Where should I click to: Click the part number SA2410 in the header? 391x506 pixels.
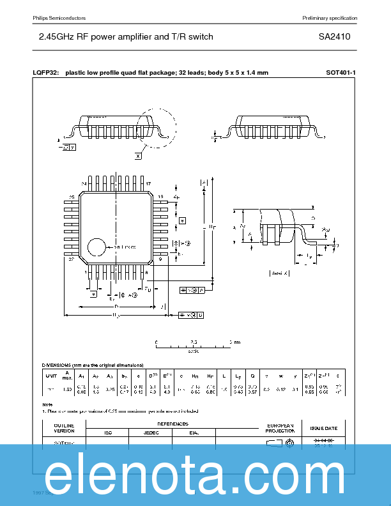click(x=335, y=37)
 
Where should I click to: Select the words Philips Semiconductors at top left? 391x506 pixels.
click(x=59, y=17)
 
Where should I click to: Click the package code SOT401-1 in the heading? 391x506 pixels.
click(x=341, y=73)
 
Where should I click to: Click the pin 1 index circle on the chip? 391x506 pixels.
click(x=96, y=247)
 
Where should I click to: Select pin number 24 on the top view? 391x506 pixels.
click(x=83, y=183)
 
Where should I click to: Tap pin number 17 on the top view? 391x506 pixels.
click(x=148, y=183)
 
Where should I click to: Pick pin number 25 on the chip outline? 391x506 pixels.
click(x=72, y=197)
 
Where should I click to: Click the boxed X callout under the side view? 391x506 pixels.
click(x=138, y=155)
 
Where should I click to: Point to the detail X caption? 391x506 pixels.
click(x=279, y=273)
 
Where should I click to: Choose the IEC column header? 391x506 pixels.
click(x=107, y=433)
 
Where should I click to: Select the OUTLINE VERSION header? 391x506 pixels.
click(x=64, y=428)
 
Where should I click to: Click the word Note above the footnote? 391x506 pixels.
click(x=48, y=404)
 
